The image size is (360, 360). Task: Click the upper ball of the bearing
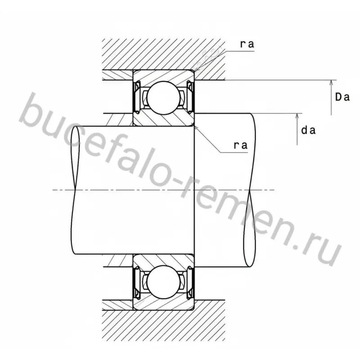click(163, 98)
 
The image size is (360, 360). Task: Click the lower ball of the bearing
click(163, 282)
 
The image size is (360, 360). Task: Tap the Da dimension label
click(342, 97)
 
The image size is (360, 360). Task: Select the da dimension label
click(308, 130)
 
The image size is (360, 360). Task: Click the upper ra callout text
click(247, 44)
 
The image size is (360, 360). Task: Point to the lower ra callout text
click(241, 145)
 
